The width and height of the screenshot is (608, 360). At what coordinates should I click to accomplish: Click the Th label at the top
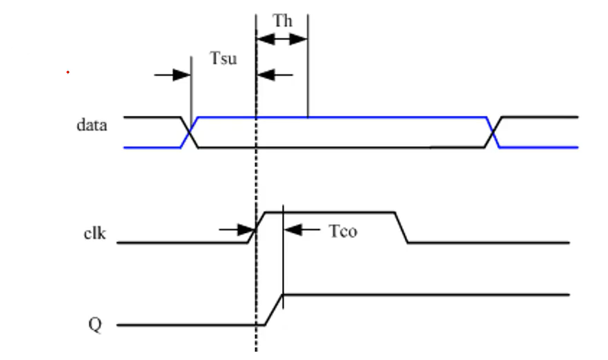click(x=282, y=21)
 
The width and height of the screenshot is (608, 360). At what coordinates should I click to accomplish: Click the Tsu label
click(x=223, y=58)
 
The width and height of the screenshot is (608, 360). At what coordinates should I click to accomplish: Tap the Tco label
click(x=343, y=231)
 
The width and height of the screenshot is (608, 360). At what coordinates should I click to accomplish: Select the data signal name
click(x=92, y=126)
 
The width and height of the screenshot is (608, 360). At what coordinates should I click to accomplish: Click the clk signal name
click(x=94, y=234)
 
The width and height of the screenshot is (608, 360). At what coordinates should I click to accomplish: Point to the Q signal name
click(x=95, y=325)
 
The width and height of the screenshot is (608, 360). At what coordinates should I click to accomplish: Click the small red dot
click(x=68, y=72)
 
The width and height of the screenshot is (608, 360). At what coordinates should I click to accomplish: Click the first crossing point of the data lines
click(x=190, y=132)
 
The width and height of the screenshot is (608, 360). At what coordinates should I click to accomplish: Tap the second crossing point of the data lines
click(x=493, y=132)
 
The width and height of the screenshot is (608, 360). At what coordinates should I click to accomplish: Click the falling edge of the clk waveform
click(x=401, y=228)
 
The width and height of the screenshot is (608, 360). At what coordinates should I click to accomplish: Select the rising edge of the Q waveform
click(x=274, y=310)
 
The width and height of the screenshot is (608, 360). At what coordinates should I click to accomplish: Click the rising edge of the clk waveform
click(x=257, y=228)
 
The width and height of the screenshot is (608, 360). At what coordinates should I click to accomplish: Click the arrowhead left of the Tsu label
click(x=182, y=75)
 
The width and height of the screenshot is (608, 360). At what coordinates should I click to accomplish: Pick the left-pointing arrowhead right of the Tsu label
click(x=266, y=75)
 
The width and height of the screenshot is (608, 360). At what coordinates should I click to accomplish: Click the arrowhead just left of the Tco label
click(x=293, y=230)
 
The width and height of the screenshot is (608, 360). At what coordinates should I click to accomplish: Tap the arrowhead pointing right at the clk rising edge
click(x=247, y=230)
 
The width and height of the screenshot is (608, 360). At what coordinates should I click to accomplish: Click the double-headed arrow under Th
click(x=282, y=39)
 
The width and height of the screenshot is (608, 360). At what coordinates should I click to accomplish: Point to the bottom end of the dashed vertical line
click(x=256, y=351)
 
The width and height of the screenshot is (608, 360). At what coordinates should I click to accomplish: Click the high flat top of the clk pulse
click(x=330, y=212)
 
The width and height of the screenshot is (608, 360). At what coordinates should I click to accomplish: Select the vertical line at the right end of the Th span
click(x=308, y=66)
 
